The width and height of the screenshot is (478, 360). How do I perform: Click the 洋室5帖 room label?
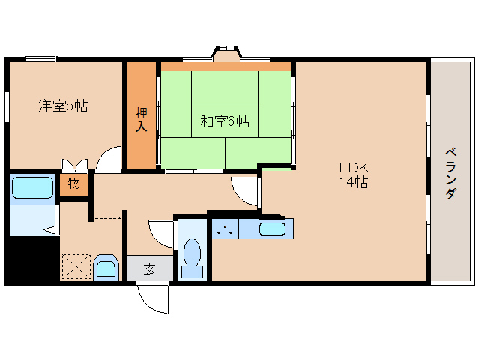[x=63, y=106]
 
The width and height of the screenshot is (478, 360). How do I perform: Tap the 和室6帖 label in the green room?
[x=225, y=121]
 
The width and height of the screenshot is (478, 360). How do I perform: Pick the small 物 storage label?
[x=74, y=184]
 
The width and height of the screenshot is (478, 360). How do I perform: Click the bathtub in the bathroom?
[x=33, y=188]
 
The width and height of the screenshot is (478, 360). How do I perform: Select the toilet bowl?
[x=193, y=255]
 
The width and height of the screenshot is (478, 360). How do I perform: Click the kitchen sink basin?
[x=271, y=229]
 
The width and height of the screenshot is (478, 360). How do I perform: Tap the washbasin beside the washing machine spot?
[x=106, y=268]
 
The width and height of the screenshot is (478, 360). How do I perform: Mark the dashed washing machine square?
[x=75, y=267]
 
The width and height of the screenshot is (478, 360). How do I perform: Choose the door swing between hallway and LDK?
[x=244, y=192]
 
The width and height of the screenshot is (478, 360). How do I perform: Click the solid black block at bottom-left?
[x=30, y=259]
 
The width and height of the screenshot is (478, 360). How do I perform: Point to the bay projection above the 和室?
[x=226, y=54]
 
